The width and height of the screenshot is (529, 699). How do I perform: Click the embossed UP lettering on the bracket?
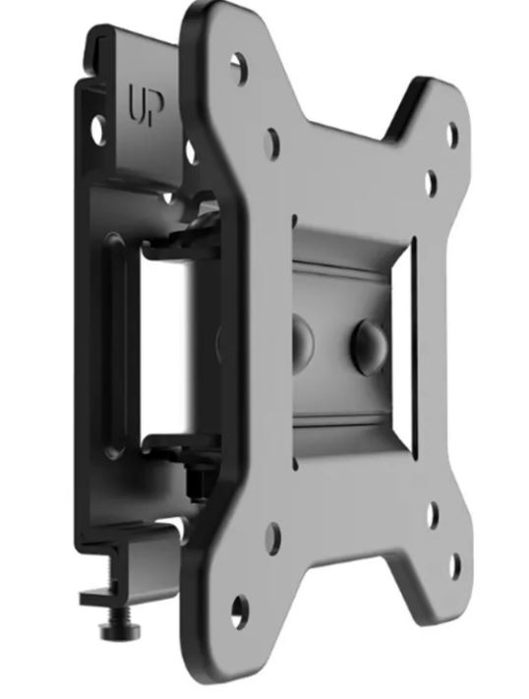(147, 105)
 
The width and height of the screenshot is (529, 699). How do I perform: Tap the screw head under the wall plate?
(120, 630)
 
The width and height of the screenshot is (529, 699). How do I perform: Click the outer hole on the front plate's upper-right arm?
(452, 133)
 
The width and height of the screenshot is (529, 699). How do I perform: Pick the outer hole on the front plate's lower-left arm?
(240, 612)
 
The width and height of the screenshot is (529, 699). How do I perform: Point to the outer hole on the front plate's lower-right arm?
(455, 565)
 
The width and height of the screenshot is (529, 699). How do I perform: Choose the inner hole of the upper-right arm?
(431, 182)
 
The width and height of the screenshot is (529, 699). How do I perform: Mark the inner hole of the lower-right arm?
(433, 515)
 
